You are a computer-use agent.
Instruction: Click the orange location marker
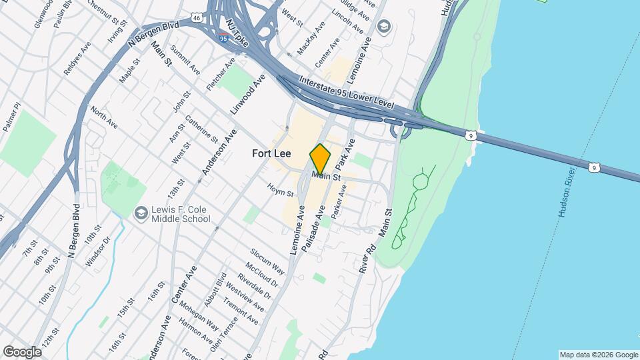320,159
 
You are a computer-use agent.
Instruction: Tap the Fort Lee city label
271,153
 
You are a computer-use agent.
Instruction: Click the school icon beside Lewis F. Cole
141,213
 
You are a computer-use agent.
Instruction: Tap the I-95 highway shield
222,38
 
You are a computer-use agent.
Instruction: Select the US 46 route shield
195,16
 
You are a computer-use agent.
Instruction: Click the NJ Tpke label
237,33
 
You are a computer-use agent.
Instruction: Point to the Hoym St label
281,191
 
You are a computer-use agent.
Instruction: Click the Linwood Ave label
248,97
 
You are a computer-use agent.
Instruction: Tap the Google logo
22,351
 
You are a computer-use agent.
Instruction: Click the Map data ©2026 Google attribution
598,355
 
